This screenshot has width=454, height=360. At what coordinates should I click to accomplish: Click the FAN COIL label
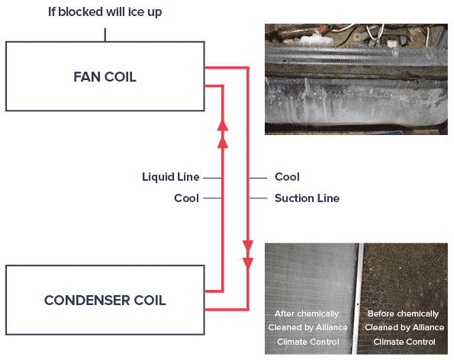pos(105,77)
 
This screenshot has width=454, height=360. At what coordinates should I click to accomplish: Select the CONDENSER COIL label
pos(105,301)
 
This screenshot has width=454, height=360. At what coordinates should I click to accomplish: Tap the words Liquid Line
pos(171,177)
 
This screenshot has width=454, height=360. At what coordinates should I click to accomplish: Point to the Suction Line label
pos(307,198)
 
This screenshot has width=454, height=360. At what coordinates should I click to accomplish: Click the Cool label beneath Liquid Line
pos(186,198)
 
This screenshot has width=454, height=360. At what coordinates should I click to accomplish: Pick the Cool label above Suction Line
pos(287,177)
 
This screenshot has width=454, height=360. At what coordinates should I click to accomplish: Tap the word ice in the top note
pos(136,12)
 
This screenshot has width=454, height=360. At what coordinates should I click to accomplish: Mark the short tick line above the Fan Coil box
pos(105,35)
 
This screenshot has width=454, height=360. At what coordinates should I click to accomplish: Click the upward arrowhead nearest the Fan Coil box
pos(222,125)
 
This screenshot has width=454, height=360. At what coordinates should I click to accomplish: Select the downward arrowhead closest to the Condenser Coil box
pos(248,263)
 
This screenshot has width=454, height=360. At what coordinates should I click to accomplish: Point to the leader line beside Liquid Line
pos(213,178)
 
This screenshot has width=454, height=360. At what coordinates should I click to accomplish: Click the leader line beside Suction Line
pos(258,198)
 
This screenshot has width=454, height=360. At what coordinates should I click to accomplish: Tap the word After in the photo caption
pos(285,313)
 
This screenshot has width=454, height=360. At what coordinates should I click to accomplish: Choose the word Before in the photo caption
pos(379,313)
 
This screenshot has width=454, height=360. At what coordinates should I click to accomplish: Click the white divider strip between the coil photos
pos(358,299)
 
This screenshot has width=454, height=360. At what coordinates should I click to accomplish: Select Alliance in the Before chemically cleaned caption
pos(429,327)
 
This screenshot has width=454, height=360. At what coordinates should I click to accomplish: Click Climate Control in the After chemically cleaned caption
pos(308,342)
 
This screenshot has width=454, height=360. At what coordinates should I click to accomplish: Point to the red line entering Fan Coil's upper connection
pos(227,68)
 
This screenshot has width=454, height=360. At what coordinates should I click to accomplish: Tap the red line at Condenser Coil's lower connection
pos(227,310)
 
